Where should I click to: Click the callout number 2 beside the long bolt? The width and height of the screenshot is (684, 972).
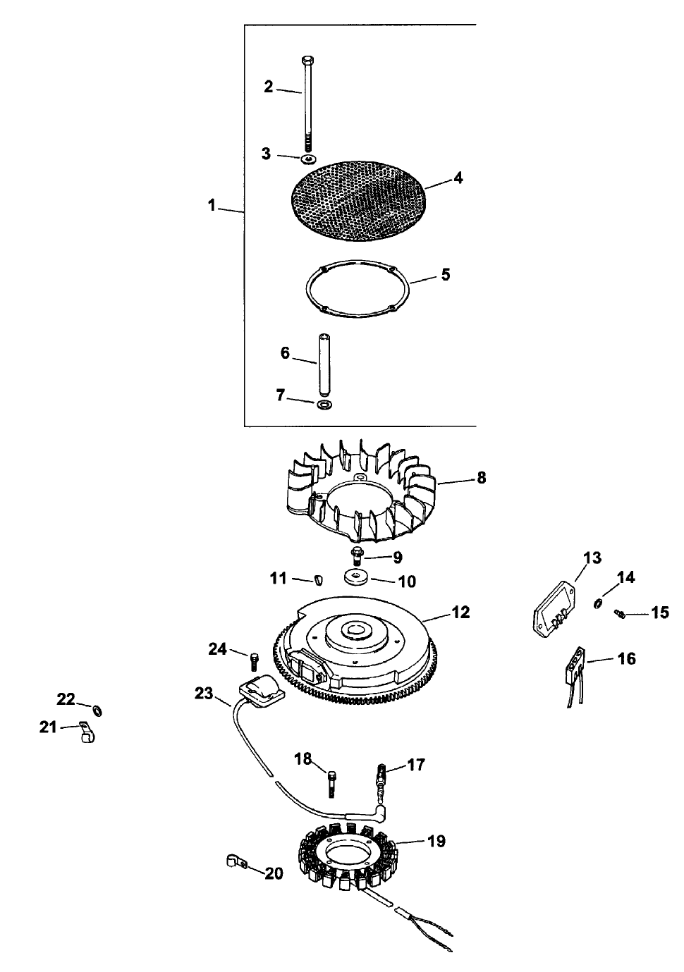268,87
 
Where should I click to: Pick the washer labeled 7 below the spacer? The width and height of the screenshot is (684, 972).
325,405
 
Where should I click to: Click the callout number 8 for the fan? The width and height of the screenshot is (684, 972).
482,478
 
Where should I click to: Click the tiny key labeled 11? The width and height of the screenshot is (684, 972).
316,579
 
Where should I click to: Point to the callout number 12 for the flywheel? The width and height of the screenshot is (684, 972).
460,613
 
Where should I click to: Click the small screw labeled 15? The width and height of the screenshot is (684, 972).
621,614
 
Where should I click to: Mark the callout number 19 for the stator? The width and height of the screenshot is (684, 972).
436,841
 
